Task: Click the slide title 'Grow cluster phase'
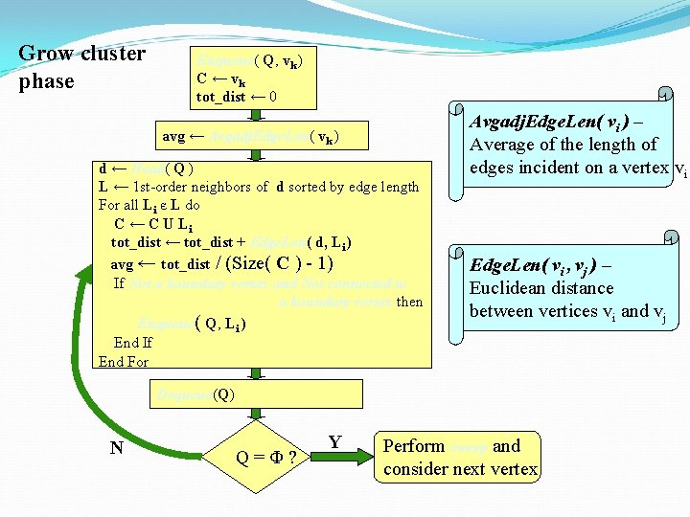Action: [x=81, y=67]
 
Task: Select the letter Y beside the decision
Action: [x=335, y=442]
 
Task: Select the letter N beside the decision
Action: [x=116, y=447]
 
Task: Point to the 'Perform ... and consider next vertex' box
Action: [x=460, y=457]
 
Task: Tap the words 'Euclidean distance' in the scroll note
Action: [x=541, y=288]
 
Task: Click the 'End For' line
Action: [x=124, y=361]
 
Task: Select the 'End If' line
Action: [x=133, y=342]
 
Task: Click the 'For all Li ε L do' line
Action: [x=149, y=205]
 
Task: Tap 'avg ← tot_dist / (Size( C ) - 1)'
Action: [x=222, y=263]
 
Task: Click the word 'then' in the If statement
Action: [x=409, y=302]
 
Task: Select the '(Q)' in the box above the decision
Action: [x=223, y=393]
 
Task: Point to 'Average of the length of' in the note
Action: [x=563, y=145]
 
